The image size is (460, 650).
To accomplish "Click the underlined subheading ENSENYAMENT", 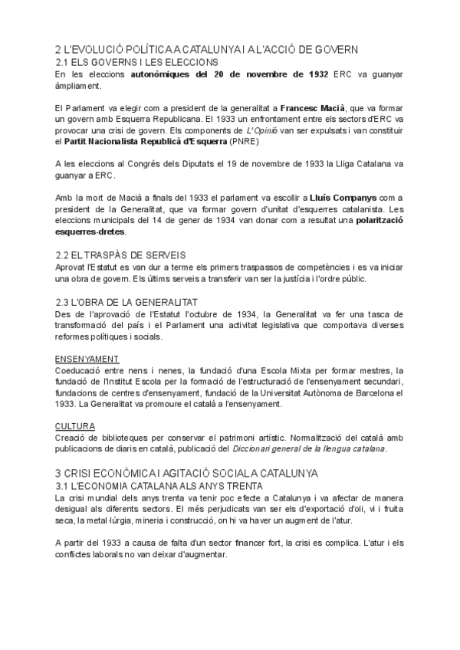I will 87,359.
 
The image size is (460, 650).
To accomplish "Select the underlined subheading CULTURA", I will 75,425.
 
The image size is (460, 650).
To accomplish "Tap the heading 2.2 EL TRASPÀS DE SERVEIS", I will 120,254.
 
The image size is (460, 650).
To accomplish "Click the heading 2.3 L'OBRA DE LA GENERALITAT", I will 128,302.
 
